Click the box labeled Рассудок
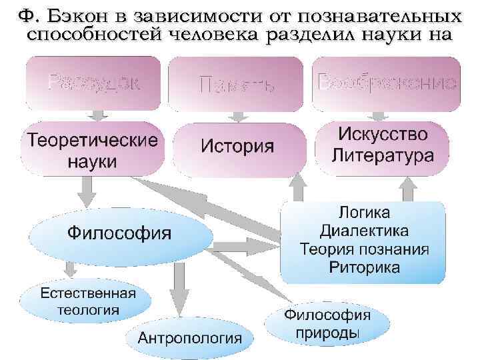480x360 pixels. (93, 83)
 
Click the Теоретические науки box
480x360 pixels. (92, 150)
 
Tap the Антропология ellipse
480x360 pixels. (189, 337)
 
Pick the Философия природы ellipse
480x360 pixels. (327, 323)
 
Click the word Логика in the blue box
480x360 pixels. (364, 213)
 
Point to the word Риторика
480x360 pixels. (364, 267)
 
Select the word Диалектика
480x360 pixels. (364, 231)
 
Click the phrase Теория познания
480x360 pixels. (364, 249)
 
